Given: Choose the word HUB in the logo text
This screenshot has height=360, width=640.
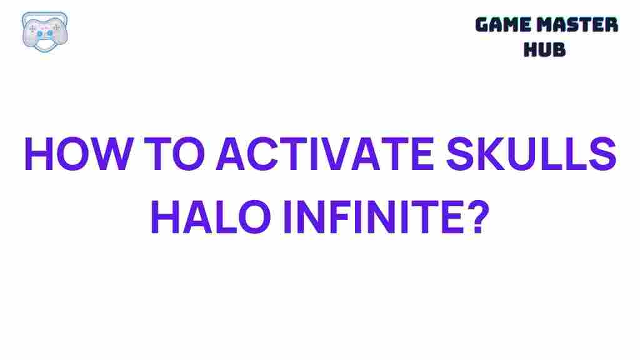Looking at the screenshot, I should click(x=544, y=49).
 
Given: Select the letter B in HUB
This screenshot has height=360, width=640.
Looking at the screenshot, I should click(x=559, y=49).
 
